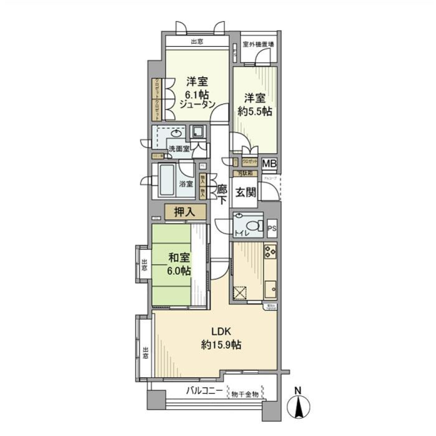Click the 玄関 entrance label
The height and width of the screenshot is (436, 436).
tap(245, 192)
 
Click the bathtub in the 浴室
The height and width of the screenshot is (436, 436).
tap(167, 180)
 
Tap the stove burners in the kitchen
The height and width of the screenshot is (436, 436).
tap(270, 251)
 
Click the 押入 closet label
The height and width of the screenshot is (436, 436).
tap(185, 212)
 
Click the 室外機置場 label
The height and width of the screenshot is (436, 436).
tap(258, 45)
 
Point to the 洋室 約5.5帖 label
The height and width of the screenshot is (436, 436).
tap(256, 104)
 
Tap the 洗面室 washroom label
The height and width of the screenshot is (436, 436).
tap(178, 149)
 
